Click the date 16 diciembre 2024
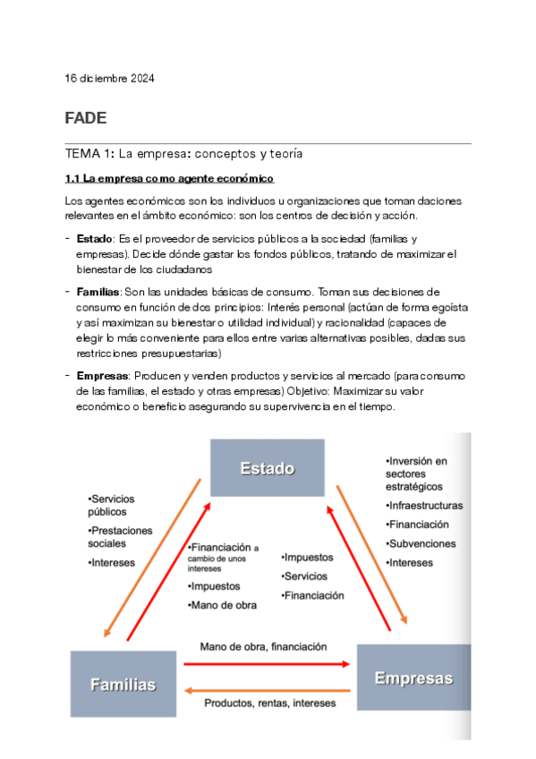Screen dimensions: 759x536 click(109, 79)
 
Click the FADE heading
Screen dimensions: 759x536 click(86, 118)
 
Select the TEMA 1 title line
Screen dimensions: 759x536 click(183, 154)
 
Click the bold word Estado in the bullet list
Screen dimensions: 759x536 click(94, 238)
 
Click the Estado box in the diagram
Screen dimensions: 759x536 click(267, 468)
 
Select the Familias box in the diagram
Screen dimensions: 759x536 click(123, 684)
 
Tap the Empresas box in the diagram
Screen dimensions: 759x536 click(413, 678)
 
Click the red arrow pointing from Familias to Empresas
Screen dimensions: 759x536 click(266, 664)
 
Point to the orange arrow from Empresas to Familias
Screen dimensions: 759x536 click(266, 689)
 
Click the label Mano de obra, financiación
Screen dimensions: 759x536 click(263, 646)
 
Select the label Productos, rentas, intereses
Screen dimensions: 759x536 click(269, 704)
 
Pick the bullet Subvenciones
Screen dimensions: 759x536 click(421, 543)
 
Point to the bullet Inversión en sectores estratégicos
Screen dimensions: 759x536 click(417, 473)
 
